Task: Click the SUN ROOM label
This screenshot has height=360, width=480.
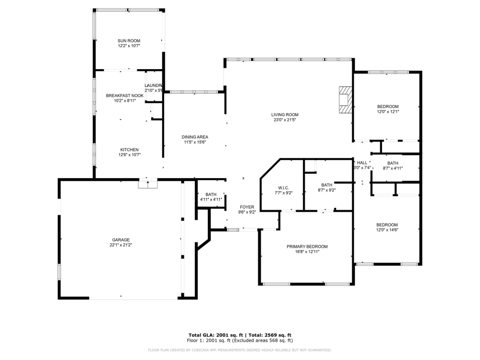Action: (129, 41)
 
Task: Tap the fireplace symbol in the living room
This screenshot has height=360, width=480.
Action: (345, 99)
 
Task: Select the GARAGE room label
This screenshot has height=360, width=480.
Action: (121, 240)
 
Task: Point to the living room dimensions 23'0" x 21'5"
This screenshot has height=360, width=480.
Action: (285, 120)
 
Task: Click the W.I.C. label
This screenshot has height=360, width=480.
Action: (282, 188)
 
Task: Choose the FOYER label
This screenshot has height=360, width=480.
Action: (247, 207)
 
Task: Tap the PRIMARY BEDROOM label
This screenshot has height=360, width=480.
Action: (307, 247)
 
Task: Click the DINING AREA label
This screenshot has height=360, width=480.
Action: (195, 137)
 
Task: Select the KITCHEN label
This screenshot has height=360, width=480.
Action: (129, 150)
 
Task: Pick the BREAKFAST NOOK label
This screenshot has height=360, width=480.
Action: (125, 96)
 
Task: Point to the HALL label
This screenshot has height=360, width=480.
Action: (362, 163)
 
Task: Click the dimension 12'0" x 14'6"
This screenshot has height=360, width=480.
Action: (387, 230)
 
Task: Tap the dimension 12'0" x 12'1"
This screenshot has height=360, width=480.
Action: (388, 112)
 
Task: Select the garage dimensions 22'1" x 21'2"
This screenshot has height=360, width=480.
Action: (121, 245)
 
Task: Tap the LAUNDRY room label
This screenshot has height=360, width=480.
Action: (154, 85)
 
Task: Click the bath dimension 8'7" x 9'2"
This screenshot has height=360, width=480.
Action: (326, 190)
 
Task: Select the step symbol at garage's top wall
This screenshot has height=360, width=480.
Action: (147, 183)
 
